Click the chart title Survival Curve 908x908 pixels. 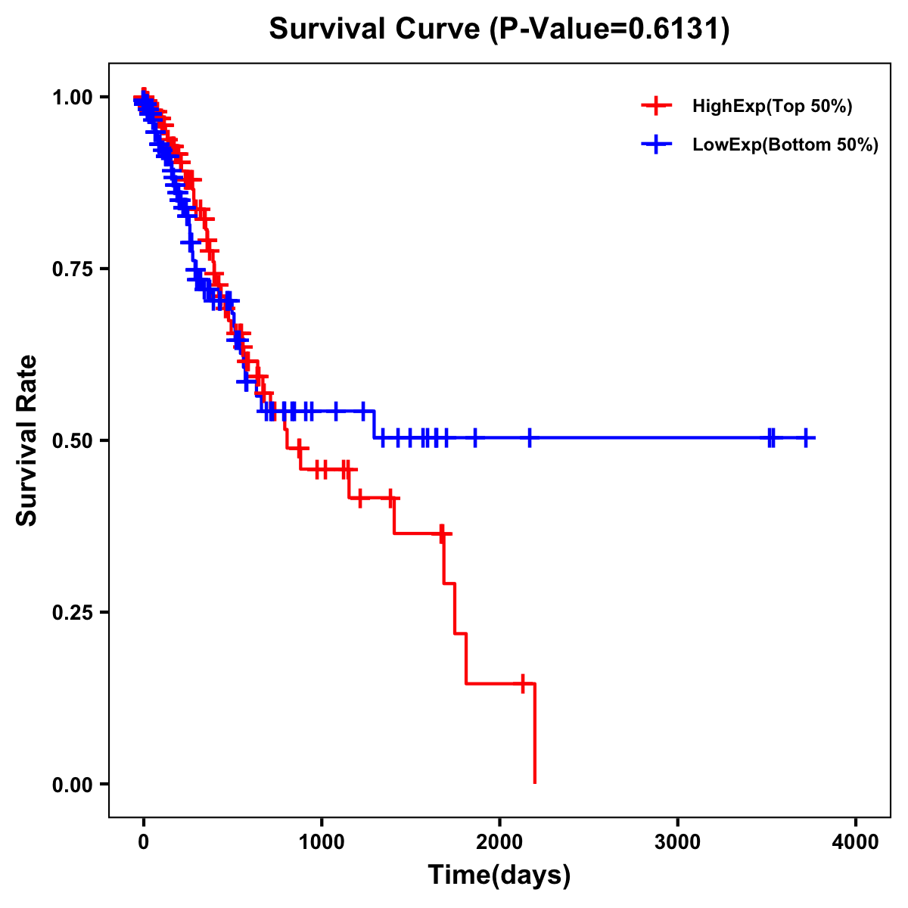[x=375, y=30]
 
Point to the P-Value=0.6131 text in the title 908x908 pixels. [x=609, y=30]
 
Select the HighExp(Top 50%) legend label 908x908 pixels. [x=773, y=106]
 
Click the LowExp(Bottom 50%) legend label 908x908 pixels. [x=785, y=145]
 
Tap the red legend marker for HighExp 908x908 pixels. [x=656, y=106]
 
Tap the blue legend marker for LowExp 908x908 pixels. [x=656, y=145]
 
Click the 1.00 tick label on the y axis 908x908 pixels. [x=73, y=98]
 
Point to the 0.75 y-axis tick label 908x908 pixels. [x=73, y=269]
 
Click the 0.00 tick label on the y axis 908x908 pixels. [x=73, y=785]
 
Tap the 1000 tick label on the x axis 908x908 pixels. [x=322, y=841]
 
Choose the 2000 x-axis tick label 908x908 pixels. [x=499, y=841]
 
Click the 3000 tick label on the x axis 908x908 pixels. [x=677, y=841]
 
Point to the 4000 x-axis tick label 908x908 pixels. [x=856, y=841]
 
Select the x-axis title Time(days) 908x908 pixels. [x=499, y=875]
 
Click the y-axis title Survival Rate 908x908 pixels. [x=27, y=440]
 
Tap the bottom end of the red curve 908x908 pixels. [x=535, y=782]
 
